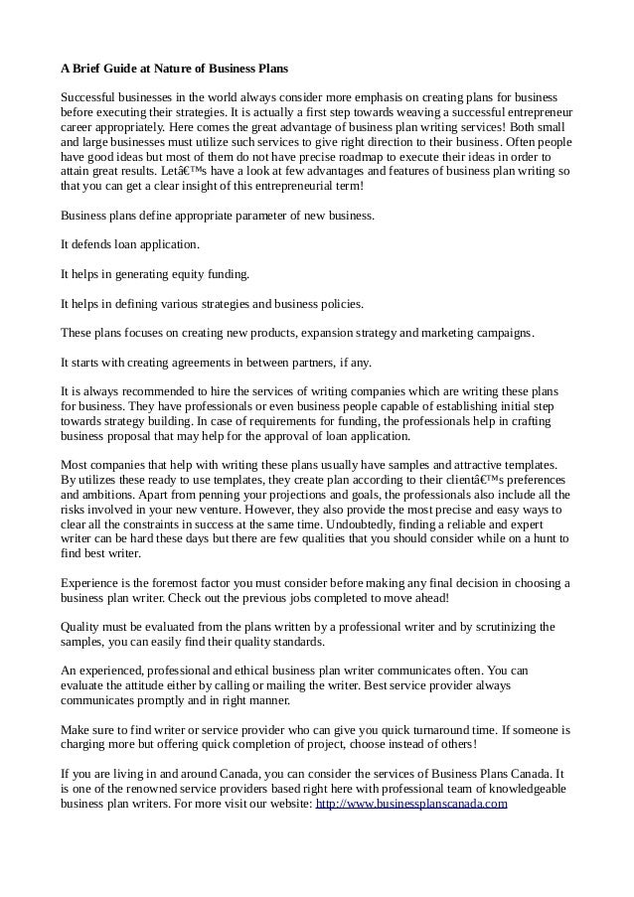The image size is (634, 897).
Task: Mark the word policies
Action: coord(338,303)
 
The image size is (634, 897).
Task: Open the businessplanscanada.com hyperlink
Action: coord(410,804)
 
